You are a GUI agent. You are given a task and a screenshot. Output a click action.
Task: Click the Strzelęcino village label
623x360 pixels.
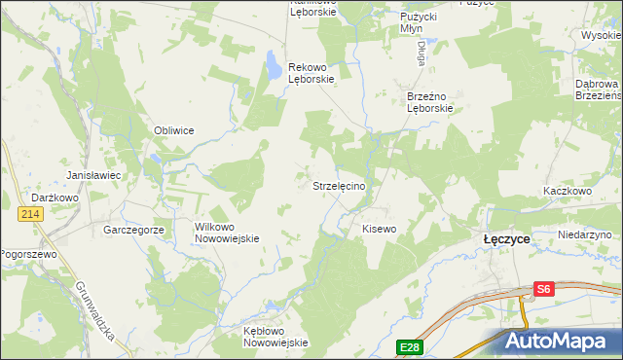[x=339, y=185]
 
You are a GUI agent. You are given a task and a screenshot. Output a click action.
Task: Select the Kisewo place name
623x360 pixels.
[x=380, y=229]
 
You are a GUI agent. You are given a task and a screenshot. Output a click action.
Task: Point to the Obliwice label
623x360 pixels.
[x=174, y=130]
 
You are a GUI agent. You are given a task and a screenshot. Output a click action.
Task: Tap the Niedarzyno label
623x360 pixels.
[x=584, y=235]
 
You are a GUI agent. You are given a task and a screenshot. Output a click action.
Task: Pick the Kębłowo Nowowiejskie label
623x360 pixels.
[x=275, y=336]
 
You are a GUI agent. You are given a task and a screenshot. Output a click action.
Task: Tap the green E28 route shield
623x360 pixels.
[x=408, y=345]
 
